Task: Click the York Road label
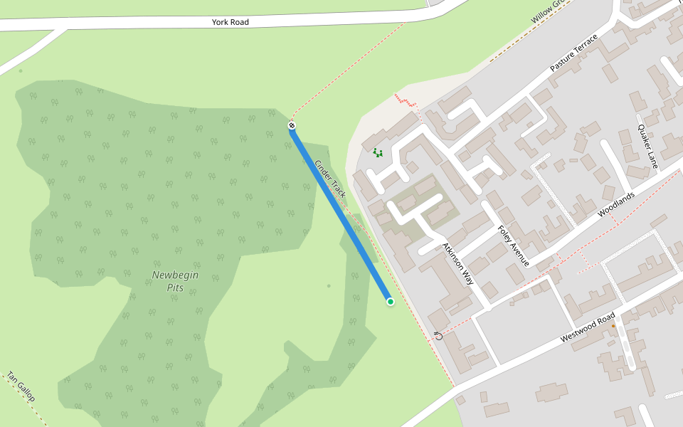231,22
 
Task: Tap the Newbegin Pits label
175,281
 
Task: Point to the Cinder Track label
330,179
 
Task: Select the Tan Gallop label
21,387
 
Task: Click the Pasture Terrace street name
574,53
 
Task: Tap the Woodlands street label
615,204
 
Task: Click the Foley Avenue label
514,246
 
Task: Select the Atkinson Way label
457,262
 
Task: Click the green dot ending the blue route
391,302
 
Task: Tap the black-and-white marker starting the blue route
292,126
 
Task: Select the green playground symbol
377,152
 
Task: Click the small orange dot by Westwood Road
613,325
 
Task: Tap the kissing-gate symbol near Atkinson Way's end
438,335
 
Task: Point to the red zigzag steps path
406,100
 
